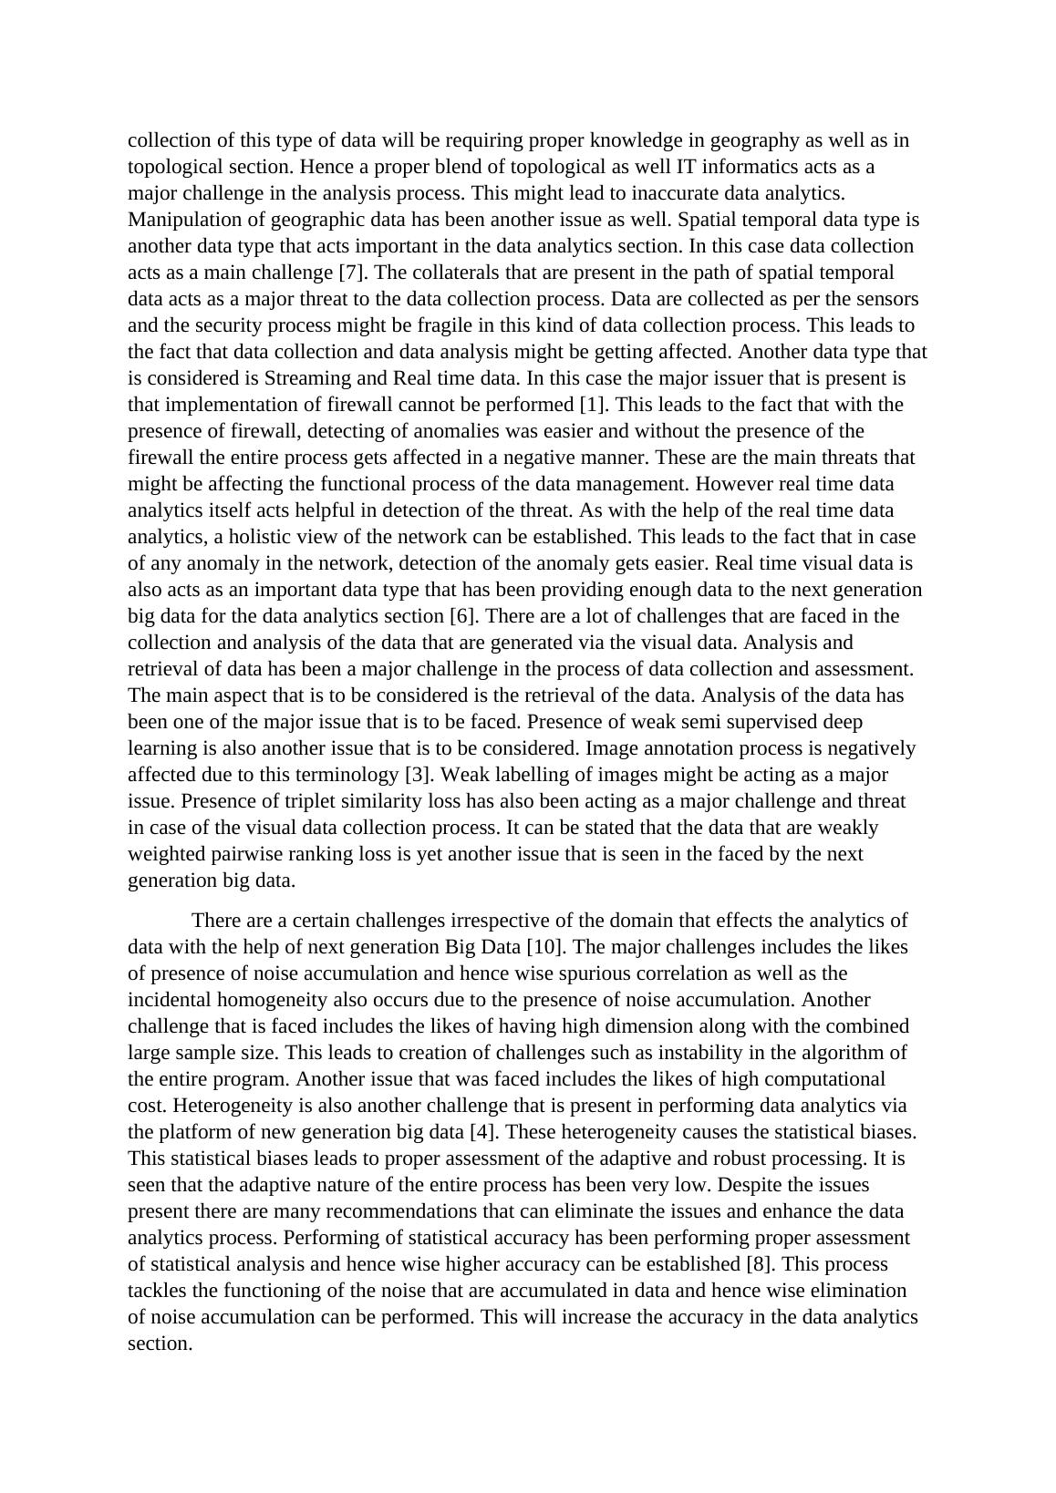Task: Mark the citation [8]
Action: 759,1264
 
